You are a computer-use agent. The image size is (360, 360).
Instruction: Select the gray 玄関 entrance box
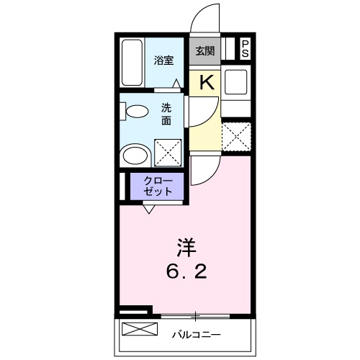pos(204,50)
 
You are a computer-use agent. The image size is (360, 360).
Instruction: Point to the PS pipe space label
pos(245,49)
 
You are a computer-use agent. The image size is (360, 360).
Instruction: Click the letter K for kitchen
pos(206,81)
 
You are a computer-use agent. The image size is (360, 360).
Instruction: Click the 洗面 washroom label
pos(166,114)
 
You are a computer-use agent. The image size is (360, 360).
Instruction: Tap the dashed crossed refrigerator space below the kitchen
pos(236,136)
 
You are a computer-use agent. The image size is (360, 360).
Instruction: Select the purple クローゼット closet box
pos(158,187)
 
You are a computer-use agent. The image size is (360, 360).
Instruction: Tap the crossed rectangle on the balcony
pos(139,330)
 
